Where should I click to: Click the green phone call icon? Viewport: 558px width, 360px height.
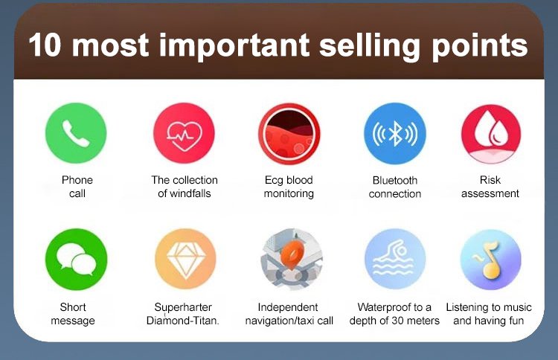[x=76, y=133]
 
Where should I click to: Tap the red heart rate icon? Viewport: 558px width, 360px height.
[x=184, y=133]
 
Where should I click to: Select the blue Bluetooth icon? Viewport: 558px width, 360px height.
[x=395, y=133]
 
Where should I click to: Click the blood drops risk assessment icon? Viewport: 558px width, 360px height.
[x=491, y=134]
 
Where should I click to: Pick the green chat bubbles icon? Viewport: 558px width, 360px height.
[x=76, y=259]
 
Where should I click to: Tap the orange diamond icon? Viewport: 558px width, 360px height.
[x=185, y=259]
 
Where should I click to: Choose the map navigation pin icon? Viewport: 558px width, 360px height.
[x=292, y=259]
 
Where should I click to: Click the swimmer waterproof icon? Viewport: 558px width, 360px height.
[x=395, y=259]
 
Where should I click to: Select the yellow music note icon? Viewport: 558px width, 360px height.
[x=491, y=260]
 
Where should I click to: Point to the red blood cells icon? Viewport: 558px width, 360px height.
[x=289, y=134]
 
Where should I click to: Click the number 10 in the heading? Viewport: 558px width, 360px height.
[x=45, y=45]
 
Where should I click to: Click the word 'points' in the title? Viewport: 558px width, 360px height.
[x=480, y=47]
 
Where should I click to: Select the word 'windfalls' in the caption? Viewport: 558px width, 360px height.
[x=190, y=193]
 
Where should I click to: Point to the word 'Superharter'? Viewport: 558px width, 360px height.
[x=183, y=307]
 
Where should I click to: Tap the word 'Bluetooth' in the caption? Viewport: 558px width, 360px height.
[x=395, y=180]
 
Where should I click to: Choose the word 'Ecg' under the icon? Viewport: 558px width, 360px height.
[x=273, y=180]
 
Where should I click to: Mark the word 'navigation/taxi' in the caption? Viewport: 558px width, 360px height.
[x=280, y=321]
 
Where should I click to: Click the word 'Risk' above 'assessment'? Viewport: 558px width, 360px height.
[x=490, y=180]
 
